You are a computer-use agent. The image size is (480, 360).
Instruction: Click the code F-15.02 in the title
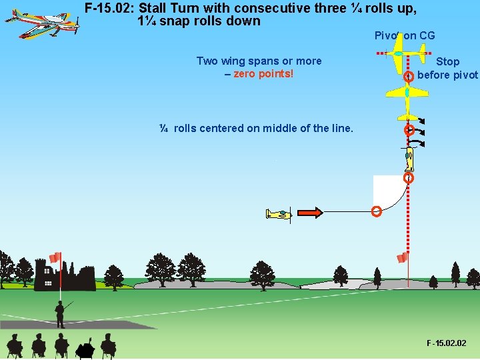109,9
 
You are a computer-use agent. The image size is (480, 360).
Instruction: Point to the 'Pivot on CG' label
405,35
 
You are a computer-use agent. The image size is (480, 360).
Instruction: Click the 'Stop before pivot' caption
447,68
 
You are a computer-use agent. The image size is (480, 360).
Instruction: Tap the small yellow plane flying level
279,214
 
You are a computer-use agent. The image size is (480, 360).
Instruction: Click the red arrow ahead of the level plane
309,213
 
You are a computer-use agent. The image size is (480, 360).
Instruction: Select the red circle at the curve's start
376,212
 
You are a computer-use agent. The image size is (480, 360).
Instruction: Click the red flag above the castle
55,257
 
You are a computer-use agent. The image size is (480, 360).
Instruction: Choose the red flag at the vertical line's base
401,257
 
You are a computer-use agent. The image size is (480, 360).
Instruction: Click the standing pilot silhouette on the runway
60,313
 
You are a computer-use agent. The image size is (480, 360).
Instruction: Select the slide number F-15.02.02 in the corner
447,343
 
